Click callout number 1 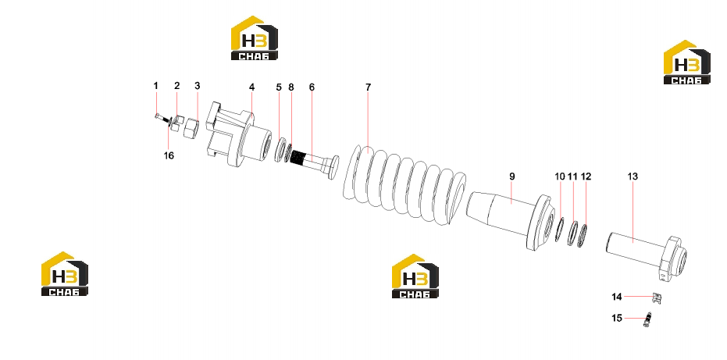pyautogui.click(x=156, y=86)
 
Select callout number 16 pyautogui.click(x=169, y=156)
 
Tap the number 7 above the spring pyautogui.click(x=368, y=87)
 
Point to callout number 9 pyautogui.click(x=512, y=176)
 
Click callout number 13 pyautogui.click(x=633, y=176)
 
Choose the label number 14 pyautogui.click(x=617, y=297)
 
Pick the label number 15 pyautogui.click(x=617, y=318)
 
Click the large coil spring pyautogui.click(x=404, y=186)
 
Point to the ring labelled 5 pyautogui.click(x=280, y=150)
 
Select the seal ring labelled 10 pyautogui.click(x=559, y=230)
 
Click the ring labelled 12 pyautogui.click(x=583, y=235)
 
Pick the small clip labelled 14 pyautogui.click(x=656, y=298)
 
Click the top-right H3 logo pyautogui.click(x=686, y=62)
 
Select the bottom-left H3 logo pyautogui.click(x=65, y=274)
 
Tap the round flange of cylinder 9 pyautogui.click(x=540, y=223)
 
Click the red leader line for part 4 pyautogui.click(x=251, y=103)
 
